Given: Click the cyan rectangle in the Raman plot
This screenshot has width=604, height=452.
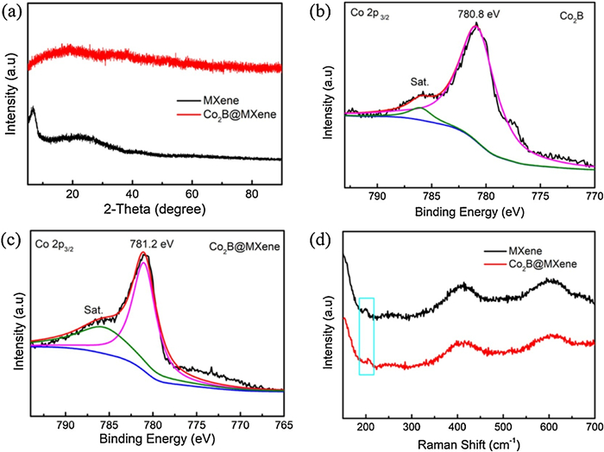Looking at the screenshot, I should point(366,336).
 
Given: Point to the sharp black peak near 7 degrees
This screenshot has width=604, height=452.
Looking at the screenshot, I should point(33,110).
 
